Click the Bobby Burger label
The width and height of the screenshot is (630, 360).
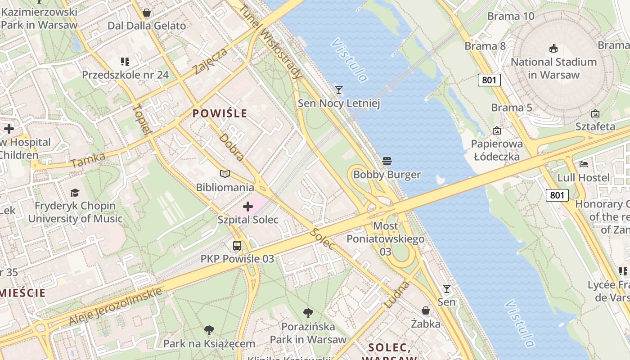click(387, 175)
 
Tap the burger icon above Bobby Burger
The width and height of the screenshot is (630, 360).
click(387, 161)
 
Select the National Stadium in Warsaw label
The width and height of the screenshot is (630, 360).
click(553, 68)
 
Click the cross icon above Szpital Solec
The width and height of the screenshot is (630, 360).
click(248, 207)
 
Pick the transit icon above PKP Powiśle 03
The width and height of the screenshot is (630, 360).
click(237, 246)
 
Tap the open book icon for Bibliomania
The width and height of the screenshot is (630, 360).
click(225, 174)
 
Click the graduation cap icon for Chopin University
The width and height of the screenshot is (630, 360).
click(75, 193)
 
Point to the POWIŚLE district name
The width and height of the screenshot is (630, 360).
click(220, 113)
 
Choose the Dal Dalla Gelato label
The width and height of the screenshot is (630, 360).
click(147, 26)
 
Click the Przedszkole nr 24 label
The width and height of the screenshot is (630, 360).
click(125, 75)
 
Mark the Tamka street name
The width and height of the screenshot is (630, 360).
click(88, 160)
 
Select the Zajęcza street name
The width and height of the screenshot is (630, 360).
click(210, 61)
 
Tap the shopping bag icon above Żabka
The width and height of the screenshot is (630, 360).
click(425, 310)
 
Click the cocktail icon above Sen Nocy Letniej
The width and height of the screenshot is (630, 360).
click(339, 90)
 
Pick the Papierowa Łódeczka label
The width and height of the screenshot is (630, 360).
click(497, 150)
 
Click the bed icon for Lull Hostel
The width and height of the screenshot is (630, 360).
click(584, 164)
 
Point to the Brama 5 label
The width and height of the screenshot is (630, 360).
click(512, 108)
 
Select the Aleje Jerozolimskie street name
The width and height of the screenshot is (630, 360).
click(115, 306)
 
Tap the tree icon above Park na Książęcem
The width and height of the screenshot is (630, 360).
click(209, 330)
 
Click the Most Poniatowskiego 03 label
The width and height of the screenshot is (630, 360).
click(386, 238)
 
